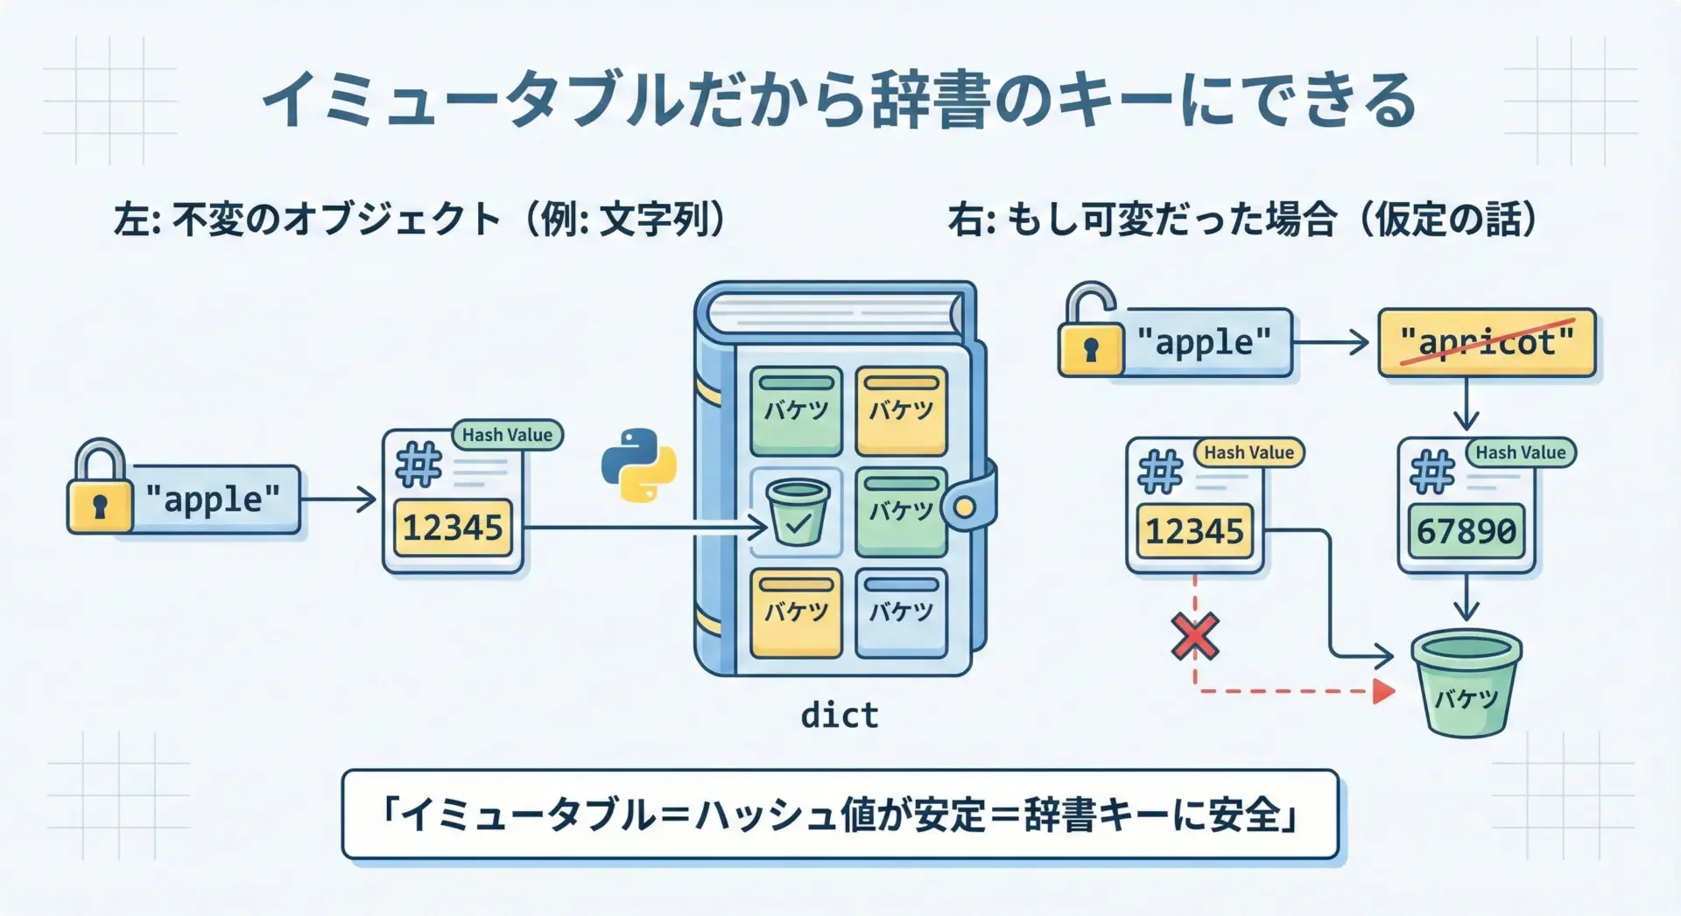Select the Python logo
click(x=639, y=465)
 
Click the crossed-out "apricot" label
click(x=1487, y=342)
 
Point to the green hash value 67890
click(x=1466, y=531)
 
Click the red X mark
click(x=1195, y=636)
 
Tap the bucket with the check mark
click(x=797, y=513)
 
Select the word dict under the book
click(x=840, y=716)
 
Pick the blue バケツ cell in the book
click(x=901, y=612)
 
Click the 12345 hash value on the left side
click(x=453, y=528)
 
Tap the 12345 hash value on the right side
click(x=1194, y=531)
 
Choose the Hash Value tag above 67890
click(x=1520, y=452)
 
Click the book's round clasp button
click(x=965, y=507)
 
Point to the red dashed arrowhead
click(x=1383, y=691)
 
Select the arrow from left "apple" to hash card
click(x=338, y=500)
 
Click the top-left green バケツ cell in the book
click(x=796, y=410)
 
